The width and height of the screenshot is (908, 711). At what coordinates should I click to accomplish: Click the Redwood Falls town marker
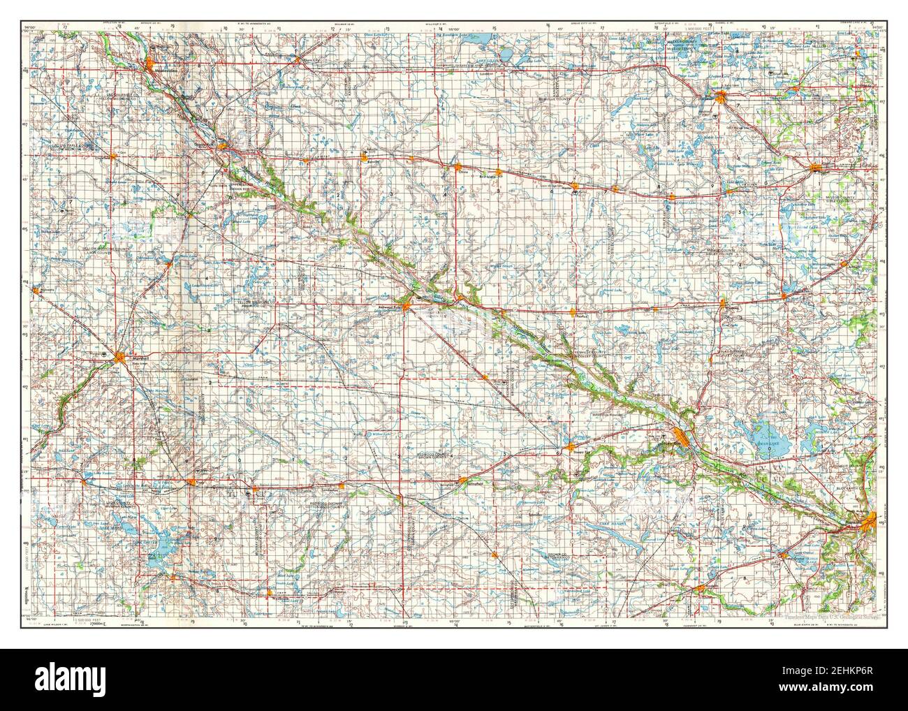click(x=407, y=305)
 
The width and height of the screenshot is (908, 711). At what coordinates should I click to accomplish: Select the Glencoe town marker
click(x=815, y=167)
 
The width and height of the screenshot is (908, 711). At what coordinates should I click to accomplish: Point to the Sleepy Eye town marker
click(x=571, y=445)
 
